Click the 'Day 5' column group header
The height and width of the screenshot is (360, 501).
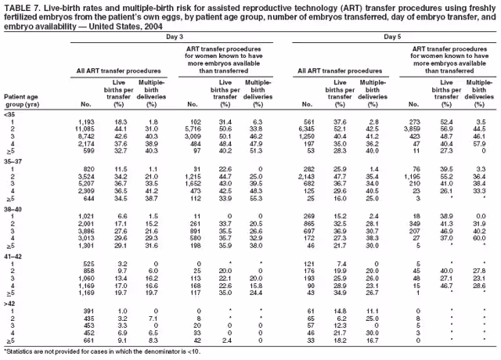394,37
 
